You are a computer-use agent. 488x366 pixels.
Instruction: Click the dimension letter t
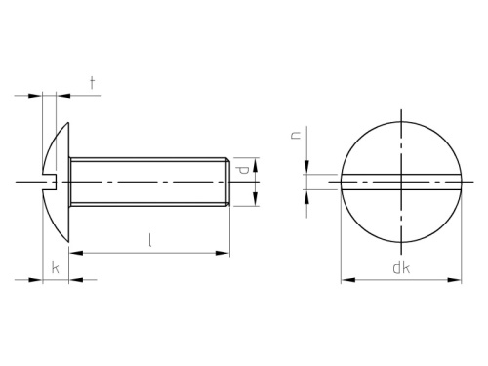[93, 83]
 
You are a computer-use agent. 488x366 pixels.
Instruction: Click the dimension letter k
[56, 267]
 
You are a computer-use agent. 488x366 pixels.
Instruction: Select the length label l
[149, 240]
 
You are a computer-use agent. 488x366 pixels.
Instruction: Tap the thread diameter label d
[243, 170]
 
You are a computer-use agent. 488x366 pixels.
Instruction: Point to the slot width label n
[296, 135]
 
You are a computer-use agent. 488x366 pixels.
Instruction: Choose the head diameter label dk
[401, 267]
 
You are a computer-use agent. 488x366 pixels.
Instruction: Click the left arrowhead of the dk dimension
[348, 280]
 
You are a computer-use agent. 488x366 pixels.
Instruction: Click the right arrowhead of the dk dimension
[454, 280]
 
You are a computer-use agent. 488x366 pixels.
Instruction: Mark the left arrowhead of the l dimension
[76, 253]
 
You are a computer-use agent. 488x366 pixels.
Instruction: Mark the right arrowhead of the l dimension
[223, 253]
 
